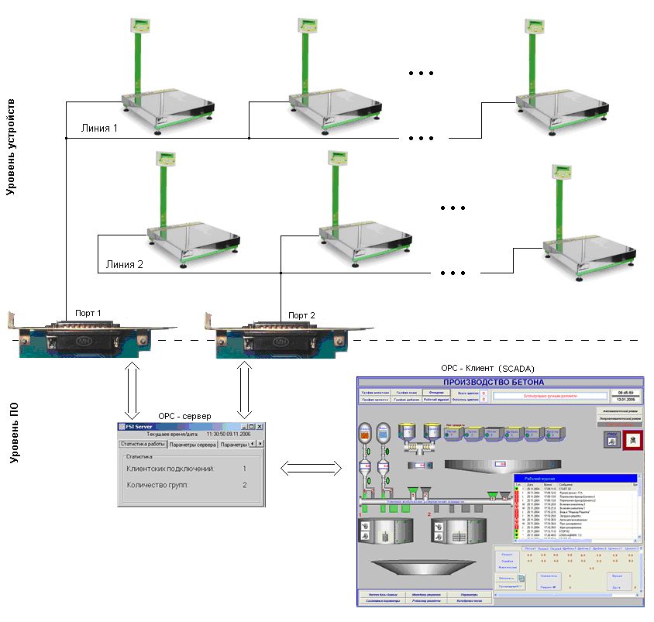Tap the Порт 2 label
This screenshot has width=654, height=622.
[x=302, y=315]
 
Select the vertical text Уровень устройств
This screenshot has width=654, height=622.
[x=11, y=146]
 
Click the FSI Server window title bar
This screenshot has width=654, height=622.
[x=178, y=426]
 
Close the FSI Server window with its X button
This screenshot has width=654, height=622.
[x=260, y=426]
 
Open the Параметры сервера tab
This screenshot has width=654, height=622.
[x=192, y=444]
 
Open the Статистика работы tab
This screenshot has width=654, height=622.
[x=142, y=444]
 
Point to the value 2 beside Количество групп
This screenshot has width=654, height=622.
[x=244, y=485]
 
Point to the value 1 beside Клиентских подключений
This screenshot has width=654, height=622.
[x=244, y=469]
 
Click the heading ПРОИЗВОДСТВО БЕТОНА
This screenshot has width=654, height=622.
[x=499, y=383]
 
